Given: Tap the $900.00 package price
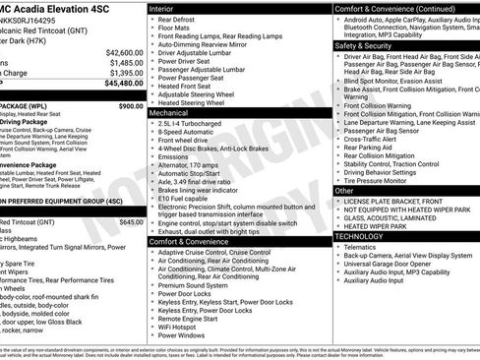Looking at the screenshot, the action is click(x=130, y=104).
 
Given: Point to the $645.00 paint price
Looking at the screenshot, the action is click(x=131, y=222).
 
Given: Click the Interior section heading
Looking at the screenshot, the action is click(x=163, y=8).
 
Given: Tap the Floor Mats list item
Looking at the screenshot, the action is click(x=174, y=30).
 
